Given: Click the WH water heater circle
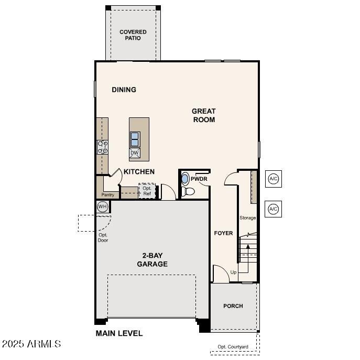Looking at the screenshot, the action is pyautogui.click(x=102, y=206).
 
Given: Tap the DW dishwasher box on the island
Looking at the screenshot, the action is pyautogui.click(x=135, y=153).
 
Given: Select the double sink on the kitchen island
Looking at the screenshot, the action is pyautogui.click(x=135, y=139).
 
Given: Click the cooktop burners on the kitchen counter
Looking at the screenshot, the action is pyautogui.click(x=103, y=147).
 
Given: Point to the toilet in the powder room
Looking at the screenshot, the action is pyautogui.click(x=188, y=191).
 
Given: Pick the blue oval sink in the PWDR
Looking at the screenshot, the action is pyautogui.click(x=184, y=179).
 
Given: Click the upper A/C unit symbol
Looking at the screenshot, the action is pyautogui.click(x=274, y=179).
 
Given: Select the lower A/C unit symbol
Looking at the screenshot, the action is pyautogui.click(x=273, y=209).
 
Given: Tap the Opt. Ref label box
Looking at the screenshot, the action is pyautogui.click(x=147, y=191).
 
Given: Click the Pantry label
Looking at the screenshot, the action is pyautogui.click(x=107, y=195).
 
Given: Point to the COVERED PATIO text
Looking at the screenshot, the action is pyautogui.click(x=133, y=35).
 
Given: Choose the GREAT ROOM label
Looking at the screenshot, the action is pyautogui.click(x=204, y=115).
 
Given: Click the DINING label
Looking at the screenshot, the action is pyautogui.click(x=124, y=90).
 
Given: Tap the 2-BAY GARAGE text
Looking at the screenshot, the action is pyautogui.click(x=152, y=260).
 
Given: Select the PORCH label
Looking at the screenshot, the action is pyautogui.click(x=233, y=306).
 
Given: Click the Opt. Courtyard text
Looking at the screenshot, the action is pyautogui.click(x=233, y=347).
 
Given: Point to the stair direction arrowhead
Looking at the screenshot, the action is pyautogui.click(x=248, y=246).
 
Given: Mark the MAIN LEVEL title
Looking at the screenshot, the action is pyautogui.click(x=119, y=333).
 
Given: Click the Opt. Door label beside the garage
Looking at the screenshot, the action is pyautogui.click(x=103, y=237).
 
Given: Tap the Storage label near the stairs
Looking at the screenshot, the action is pyautogui.click(x=247, y=217).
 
